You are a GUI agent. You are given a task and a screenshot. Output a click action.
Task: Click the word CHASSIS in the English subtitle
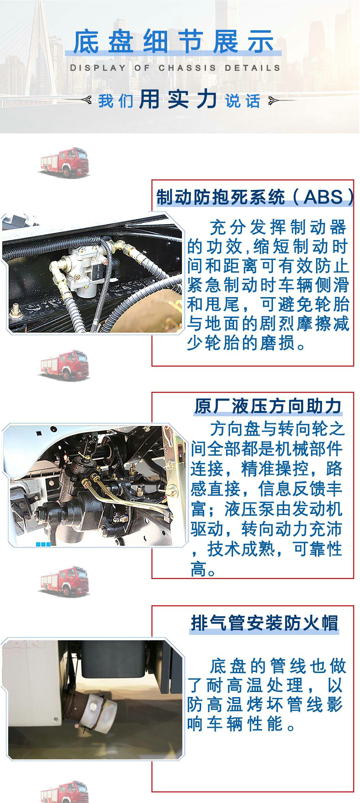pos(187,68)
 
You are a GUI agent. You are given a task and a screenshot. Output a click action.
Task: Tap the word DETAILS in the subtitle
pos(252,68)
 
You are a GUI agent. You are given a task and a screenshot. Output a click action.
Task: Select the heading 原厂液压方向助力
pos(268,406)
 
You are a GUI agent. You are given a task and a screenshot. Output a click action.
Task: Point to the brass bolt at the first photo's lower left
pos(15,309)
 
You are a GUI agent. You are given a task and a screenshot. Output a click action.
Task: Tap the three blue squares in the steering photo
pos(43,544)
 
